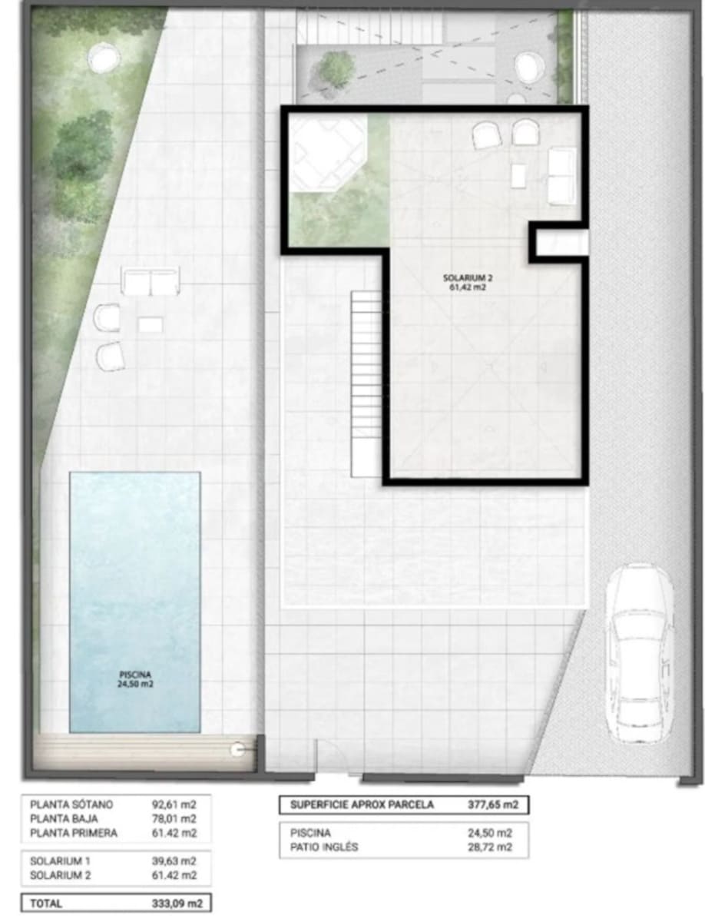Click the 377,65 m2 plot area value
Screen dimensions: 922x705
488,805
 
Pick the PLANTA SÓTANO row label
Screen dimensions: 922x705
71,804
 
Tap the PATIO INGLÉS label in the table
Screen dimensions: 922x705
324,847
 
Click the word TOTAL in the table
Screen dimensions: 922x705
46,904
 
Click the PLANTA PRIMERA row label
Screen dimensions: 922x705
74,832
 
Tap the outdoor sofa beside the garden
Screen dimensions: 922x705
151,282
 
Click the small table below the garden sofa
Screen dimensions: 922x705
151,325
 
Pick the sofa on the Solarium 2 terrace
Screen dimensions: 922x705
561,176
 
